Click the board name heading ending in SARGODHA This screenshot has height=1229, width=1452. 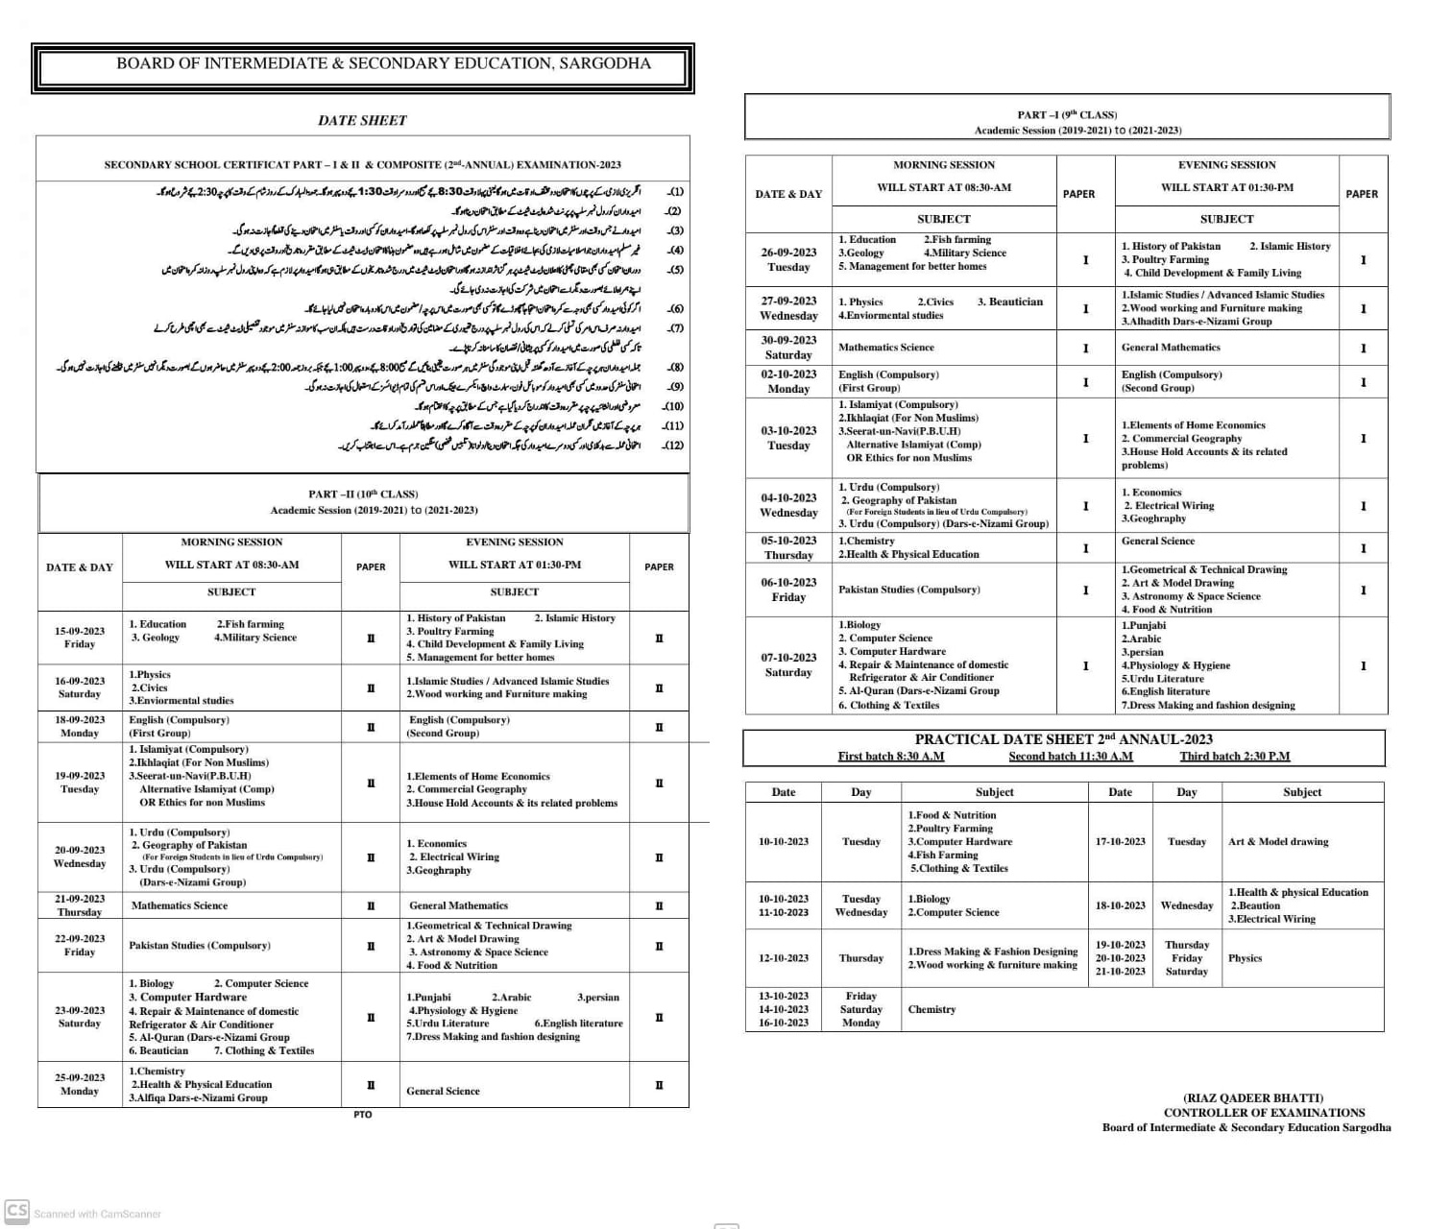[383, 63]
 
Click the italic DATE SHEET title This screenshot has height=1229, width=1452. [362, 120]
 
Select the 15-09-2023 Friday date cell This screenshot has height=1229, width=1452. [80, 638]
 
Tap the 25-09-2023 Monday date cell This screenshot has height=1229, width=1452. [80, 1084]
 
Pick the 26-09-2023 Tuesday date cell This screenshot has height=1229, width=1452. [788, 259]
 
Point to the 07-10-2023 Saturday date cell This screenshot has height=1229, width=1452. [788, 664]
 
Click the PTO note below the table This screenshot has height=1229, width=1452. [362, 1115]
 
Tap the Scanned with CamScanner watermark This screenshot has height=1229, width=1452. [96, 1214]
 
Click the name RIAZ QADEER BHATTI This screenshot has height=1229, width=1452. [1253, 1097]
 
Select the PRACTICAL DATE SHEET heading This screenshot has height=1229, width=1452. [1063, 739]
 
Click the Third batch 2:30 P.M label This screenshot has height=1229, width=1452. [1234, 757]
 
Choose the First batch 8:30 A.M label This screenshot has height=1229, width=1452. [890, 757]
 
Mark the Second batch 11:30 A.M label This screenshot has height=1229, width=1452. [1070, 757]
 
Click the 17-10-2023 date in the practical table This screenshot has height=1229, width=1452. [1120, 841]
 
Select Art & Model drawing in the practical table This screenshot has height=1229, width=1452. [1278, 841]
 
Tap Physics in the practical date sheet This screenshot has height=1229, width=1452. [1245, 958]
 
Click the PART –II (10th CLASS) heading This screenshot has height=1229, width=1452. [363, 494]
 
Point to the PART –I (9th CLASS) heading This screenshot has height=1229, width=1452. [1067, 115]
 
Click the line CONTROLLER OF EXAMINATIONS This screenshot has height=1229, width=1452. [1264, 1113]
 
